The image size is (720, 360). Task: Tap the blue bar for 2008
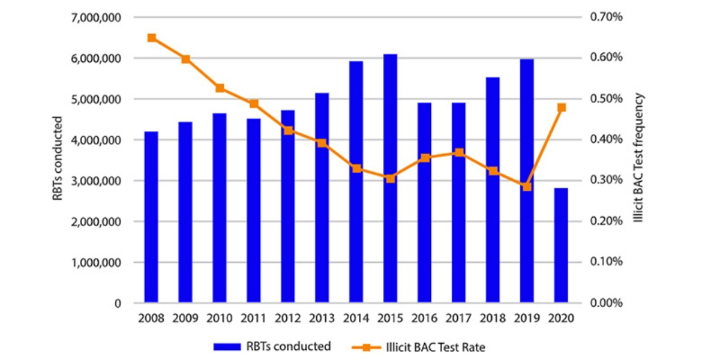click(x=151, y=217)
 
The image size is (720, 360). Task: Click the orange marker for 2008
click(x=152, y=38)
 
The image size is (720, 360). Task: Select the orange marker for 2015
click(x=390, y=178)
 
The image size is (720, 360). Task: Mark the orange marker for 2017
click(x=458, y=152)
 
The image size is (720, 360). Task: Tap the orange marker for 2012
click(x=288, y=130)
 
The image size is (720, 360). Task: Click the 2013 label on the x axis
click(x=322, y=319)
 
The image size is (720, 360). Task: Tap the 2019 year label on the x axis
click(x=526, y=319)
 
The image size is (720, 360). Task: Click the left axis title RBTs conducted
click(x=58, y=158)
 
